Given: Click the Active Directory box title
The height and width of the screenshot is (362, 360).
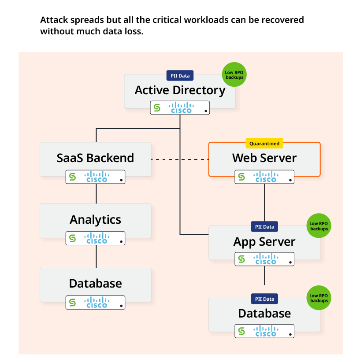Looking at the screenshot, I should pyautogui.click(x=180, y=90).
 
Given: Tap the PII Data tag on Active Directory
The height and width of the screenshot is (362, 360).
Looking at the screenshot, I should pyautogui.click(x=180, y=76).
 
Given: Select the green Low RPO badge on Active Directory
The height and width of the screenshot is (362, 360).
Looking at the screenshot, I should pyautogui.click(x=234, y=74).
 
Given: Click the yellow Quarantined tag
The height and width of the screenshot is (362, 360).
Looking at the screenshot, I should pyautogui.click(x=264, y=144).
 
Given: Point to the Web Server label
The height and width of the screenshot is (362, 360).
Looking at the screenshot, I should pyautogui.click(x=264, y=158).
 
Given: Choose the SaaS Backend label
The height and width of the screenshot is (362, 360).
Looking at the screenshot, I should pyautogui.click(x=95, y=158).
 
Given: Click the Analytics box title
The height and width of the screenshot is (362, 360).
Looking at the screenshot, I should pyautogui.click(x=95, y=219).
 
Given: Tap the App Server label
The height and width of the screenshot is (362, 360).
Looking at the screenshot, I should pyautogui.click(x=264, y=242).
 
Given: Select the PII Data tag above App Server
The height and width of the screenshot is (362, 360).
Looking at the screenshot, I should pyautogui.click(x=264, y=227).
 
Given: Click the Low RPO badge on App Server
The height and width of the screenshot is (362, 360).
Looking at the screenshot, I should pyautogui.click(x=319, y=226).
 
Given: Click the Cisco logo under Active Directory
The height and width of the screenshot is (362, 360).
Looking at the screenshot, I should pyautogui.click(x=182, y=108).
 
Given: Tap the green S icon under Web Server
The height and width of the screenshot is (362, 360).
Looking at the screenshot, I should pyautogui.click(x=241, y=177).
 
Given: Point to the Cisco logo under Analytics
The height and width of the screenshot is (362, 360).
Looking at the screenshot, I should pyautogui.click(x=97, y=238).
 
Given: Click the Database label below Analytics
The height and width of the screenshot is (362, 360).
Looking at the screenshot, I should pyautogui.click(x=95, y=284).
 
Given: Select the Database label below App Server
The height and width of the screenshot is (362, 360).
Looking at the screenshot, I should pyautogui.click(x=264, y=314).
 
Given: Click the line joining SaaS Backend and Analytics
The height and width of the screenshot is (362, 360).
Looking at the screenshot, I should pyautogui.click(x=96, y=193).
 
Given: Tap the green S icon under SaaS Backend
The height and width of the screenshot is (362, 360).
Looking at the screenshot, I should pyautogui.click(x=73, y=177).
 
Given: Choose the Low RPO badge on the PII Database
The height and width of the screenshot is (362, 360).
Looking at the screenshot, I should pyautogui.click(x=319, y=298).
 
